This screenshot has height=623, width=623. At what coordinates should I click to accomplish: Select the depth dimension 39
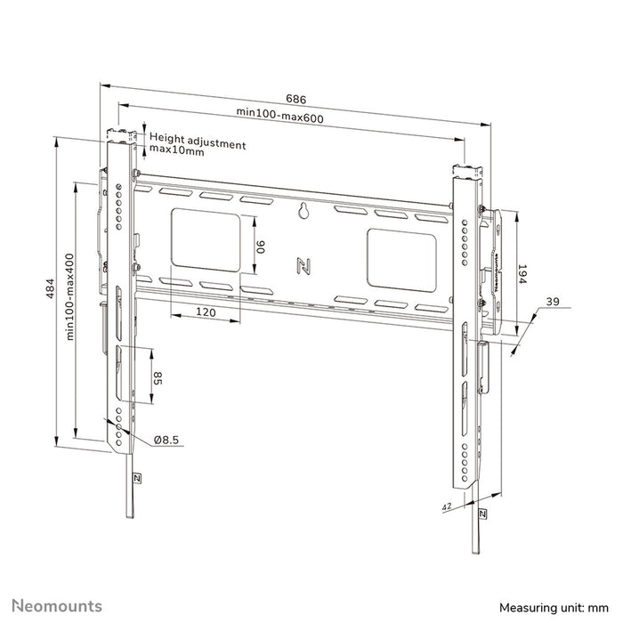pos(554,304)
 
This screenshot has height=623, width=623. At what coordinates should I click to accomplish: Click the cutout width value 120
pos(206,313)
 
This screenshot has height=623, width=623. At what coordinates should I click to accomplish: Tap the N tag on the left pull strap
pos(136,477)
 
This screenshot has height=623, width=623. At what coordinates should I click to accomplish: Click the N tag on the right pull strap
pos(482,514)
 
